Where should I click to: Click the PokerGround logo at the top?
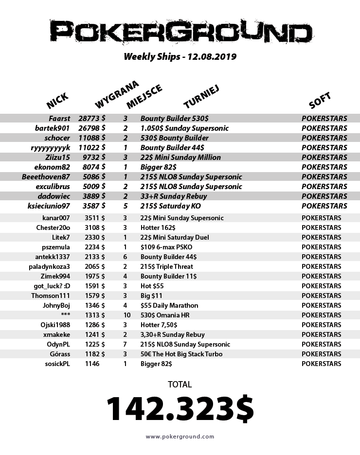pyautogui.click(x=180, y=33)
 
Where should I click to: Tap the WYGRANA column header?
pyautogui.click(x=117, y=94)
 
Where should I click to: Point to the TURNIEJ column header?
pyautogui.click(x=202, y=95)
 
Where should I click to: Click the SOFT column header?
pyautogui.click(x=320, y=100)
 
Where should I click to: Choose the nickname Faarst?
pyautogui.click(x=59, y=119)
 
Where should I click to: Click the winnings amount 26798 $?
pyautogui.click(x=92, y=128)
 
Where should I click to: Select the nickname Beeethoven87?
pyautogui.click(x=46, y=177)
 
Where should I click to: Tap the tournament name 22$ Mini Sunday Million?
pyautogui.click(x=180, y=157)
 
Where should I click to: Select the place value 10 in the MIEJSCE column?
pyautogui.click(x=125, y=315)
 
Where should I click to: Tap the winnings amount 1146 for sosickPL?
pyautogui.click(x=92, y=364)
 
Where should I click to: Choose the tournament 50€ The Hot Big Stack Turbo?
pyautogui.click(x=181, y=354)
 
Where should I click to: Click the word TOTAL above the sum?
pyautogui.click(x=180, y=385)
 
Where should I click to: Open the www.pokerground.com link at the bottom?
pyautogui.click(x=180, y=437)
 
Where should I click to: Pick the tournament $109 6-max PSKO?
pyautogui.click(x=166, y=247)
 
